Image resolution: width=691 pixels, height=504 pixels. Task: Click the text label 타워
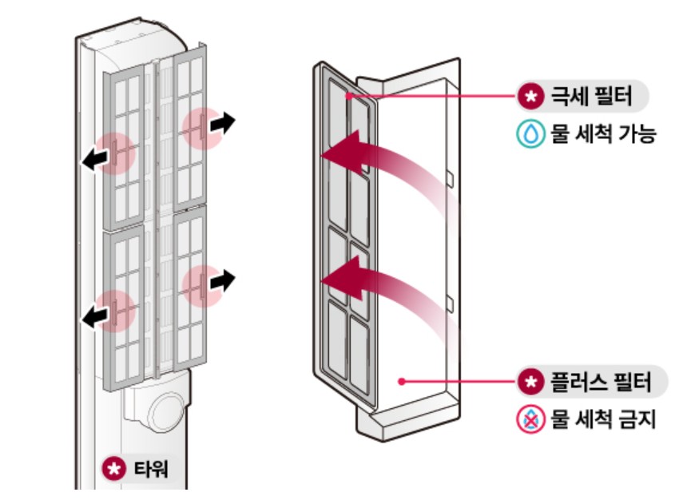(x=145, y=468)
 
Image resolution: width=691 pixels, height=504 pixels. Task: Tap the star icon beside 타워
(x=113, y=468)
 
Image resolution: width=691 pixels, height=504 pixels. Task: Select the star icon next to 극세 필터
(x=530, y=97)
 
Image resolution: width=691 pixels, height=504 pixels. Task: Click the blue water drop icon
(x=530, y=133)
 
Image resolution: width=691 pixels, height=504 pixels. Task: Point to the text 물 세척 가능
(x=602, y=133)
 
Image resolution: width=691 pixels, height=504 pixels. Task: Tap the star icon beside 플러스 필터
(x=530, y=382)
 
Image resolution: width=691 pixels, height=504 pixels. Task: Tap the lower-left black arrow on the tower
(x=94, y=317)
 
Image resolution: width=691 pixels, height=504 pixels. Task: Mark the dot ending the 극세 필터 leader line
(x=348, y=97)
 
